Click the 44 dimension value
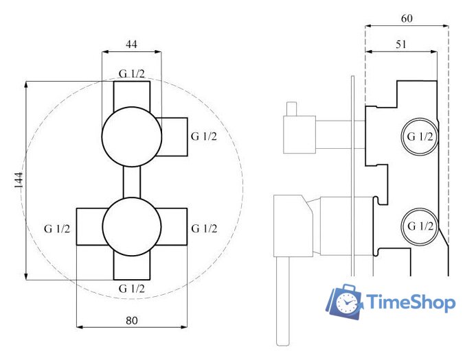(x=131, y=44)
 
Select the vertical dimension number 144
(x=19, y=180)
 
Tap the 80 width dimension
(x=132, y=320)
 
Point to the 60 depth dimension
(x=406, y=19)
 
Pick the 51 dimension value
(x=401, y=44)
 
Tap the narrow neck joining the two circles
(x=131, y=182)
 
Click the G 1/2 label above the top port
(x=131, y=74)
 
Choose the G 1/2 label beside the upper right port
(x=204, y=136)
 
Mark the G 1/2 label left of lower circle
(x=57, y=228)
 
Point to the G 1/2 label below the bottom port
(x=131, y=289)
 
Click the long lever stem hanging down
(x=282, y=302)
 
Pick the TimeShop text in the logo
(x=411, y=302)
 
